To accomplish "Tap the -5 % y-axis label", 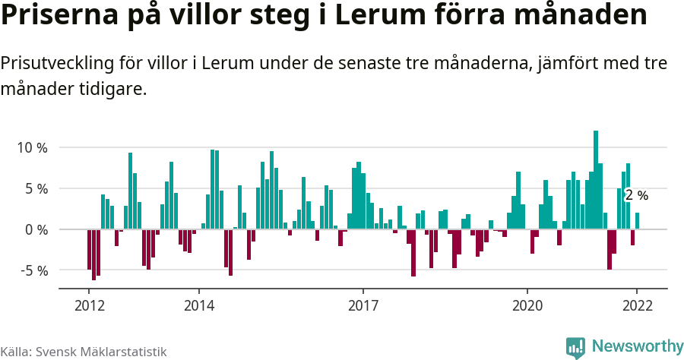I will (31, 270).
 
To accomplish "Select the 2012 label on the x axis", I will (89, 305).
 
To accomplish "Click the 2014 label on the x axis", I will (198, 305).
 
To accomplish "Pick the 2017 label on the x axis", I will (363, 305).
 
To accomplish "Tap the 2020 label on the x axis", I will (527, 305).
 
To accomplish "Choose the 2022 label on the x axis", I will (636, 305).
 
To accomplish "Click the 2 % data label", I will (637, 195).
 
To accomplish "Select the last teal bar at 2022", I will (637, 221).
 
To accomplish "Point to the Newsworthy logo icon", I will (575, 347).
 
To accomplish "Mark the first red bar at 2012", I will (89, 249).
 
